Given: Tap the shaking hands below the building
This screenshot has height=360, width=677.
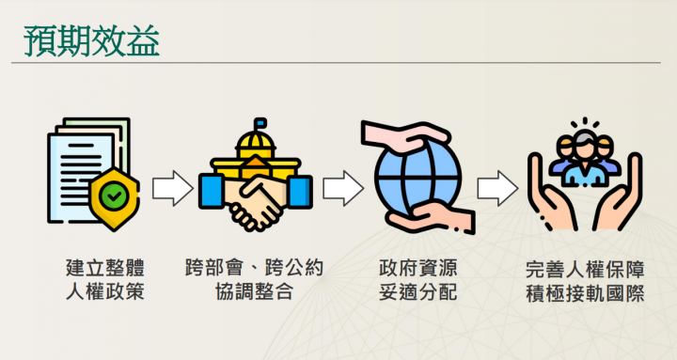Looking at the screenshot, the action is click(x=254, y=202).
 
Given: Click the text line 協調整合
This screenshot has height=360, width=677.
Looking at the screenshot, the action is click(x=254, y=292).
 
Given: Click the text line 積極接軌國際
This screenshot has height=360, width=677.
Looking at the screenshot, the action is click(x=584, y=292).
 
